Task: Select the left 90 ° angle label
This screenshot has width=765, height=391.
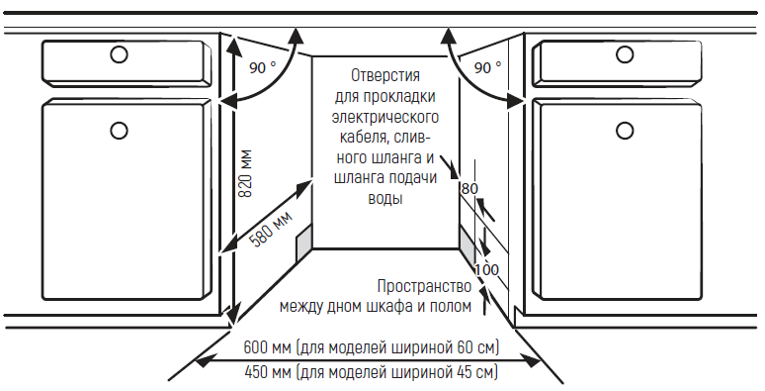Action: pos(262,68)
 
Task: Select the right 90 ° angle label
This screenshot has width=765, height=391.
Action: pos(487,68)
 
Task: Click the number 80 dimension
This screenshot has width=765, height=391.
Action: pos(469,188)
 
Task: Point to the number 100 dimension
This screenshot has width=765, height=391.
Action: pos(486,270)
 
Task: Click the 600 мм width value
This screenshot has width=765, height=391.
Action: pos(266,348)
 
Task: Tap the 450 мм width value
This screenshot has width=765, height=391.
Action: pos(266,372)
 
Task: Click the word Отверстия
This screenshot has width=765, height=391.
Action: pos(386,75)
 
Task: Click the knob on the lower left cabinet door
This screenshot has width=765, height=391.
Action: pos(119,129)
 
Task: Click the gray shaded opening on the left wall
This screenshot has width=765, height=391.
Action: pos(303,241)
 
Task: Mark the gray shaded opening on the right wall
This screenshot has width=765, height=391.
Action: pos(467,241)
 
